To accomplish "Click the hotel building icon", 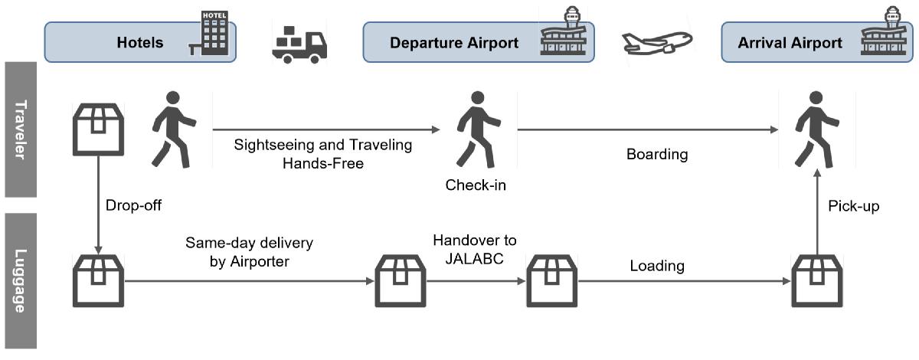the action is [209, 33].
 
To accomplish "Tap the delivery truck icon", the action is [299, 45].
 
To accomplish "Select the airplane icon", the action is [657, 43].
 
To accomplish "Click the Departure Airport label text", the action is [454, 43].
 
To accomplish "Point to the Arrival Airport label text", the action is [790, 43].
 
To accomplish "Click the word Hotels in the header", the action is [140, 43].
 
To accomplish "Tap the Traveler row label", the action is [21, 129].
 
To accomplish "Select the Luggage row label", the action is [21, 281].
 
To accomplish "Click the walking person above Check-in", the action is [478, 129].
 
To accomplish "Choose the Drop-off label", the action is [133, 205].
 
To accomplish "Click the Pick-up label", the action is [853, 205].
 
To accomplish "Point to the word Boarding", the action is [657, 155].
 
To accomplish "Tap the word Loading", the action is [657, 266].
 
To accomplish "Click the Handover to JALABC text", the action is [475, 249].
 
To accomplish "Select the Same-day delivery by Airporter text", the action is [249, 252].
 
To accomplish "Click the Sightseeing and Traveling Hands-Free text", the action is [323, 154].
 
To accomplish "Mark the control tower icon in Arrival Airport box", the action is [884, 31].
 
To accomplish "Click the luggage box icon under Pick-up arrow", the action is [817, 281].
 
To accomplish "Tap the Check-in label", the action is [476, 185].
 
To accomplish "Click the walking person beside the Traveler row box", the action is [174, 129].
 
